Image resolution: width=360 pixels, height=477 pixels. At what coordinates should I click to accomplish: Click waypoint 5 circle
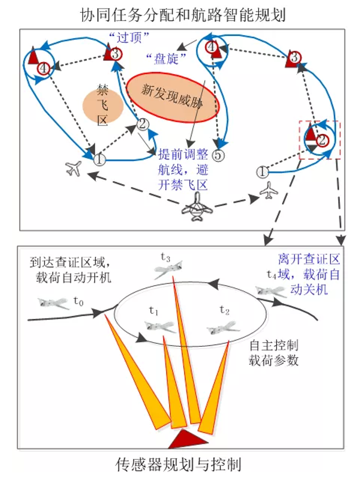pyautogui.click(x=218, y=155)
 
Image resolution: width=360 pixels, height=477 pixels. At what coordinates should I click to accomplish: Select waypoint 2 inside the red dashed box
pyautogui.click(x=321, y=139)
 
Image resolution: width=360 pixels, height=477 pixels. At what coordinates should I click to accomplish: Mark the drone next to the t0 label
pyautogui.click(x=53, y=303)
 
